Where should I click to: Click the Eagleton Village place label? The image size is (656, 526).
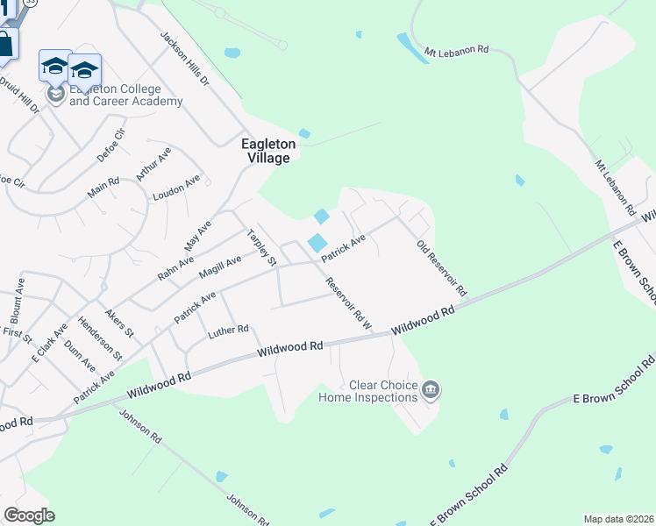[267, 150]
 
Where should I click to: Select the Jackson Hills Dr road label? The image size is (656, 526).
[184, 59]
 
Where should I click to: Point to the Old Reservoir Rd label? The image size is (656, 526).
[441, 267]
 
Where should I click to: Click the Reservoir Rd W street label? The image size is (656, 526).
[349, 304]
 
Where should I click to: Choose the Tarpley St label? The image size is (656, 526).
[261, 248]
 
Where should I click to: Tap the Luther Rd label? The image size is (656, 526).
[229, 331]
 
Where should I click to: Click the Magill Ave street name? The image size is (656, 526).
[219, 267]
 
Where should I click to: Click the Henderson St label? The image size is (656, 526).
[101, 338]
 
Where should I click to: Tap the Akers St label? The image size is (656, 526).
[119, 323]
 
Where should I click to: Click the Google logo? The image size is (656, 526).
[29, 515]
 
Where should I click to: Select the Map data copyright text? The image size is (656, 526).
[618, 519]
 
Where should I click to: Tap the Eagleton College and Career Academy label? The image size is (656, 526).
[125, 96]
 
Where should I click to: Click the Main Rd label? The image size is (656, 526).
[103, 187]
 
